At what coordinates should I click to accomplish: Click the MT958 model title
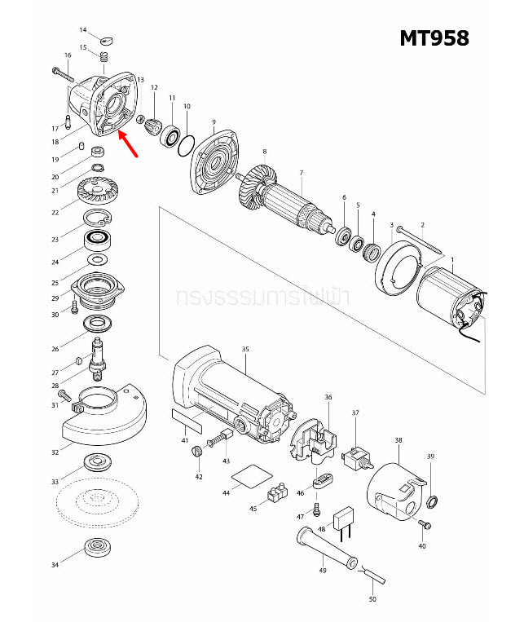pyautogui.click(x=434, y=38)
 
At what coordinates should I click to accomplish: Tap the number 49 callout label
pyautogui.click(x=323, y=570)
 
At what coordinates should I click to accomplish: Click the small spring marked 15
pyautogui.click(x=104, y=57)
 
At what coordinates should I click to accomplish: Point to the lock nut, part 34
pyautogui.click(x=99, y=548)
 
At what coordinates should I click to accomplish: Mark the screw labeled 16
pyautogui.click(x=64, y=73)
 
